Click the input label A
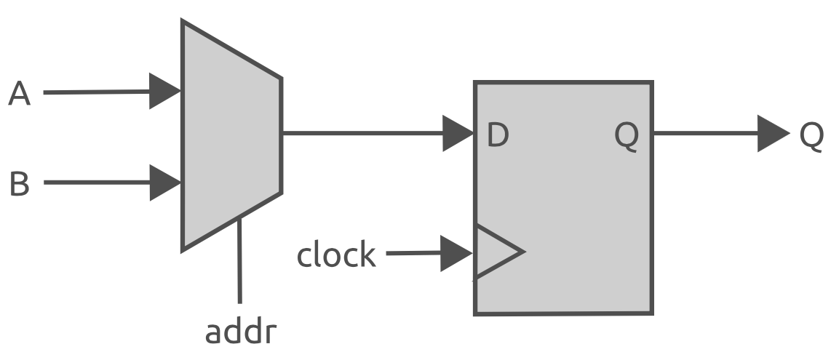pyautogui.click(x=20, y=94)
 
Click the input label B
pyautogui.click(x=20, y=183)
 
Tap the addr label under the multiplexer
pyautogui.click(x=240, y=332)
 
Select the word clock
pyautogui.click(x=335, y=255)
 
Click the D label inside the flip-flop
pyautogui.click(x=497, y=135)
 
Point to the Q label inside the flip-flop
pyautogui.click(x=626, y=135)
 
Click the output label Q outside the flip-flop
pyautogui.click(x=811, y=135)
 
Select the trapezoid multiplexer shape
pyautogui.click(x=229, y=135)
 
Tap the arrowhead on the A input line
pyautogui.click(x=164, y=92)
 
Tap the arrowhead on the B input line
pyautogui.click(x=164, y=183)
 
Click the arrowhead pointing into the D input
pyautogui.click(x=458, y=134)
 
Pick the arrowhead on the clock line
pyautogui.click(x=456, y=254)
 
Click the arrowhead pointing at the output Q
pyautogui.click(x=772, y=134)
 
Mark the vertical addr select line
pyautogui.click(x=239, y=262)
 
